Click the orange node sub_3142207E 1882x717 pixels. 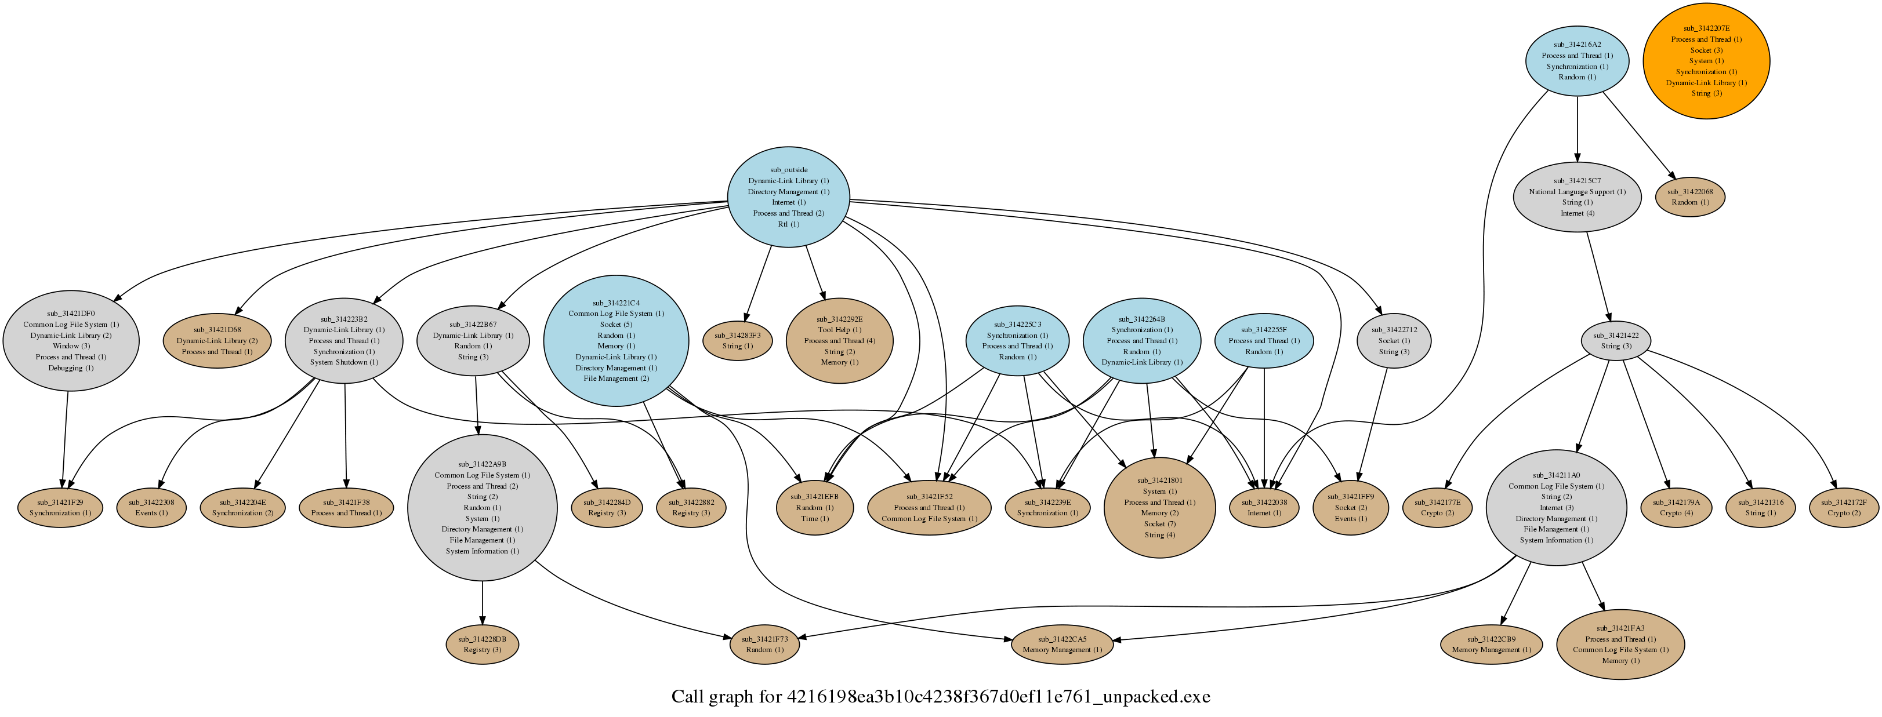click(1706, 61)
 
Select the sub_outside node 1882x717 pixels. click(788, 197)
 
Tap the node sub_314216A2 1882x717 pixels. click(1578, 61)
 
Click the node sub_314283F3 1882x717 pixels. click(737, 341)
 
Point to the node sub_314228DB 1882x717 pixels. click(482, 645)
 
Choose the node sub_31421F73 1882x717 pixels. click(765, 645)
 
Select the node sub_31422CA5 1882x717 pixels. click(1063, 645)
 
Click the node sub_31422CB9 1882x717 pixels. click(1491, 645)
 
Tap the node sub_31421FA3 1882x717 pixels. click(1620, 645)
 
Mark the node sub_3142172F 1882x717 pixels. click(1843, 507)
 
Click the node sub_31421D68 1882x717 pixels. click(217, 341)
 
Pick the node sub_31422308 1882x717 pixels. click(151, 507)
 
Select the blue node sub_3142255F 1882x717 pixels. click(1264, 341)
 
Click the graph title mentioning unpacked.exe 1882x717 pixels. click(940, 697)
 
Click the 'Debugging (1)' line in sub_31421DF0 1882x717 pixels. click(71, 368)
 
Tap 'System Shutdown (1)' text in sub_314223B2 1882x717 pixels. click(344, 362)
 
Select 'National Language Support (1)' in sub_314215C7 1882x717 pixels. click(1578, 192)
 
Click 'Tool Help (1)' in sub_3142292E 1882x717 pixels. click(839, 330)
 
